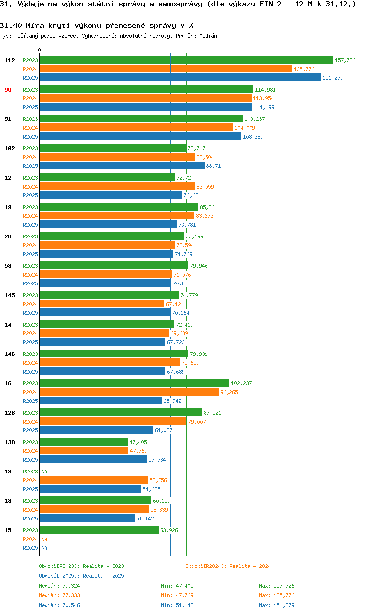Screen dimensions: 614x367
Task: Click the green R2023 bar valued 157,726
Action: pyautogui.click(x=186, y=60)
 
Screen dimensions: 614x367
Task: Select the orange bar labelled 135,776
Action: pyautogui.click(x=165, y=69)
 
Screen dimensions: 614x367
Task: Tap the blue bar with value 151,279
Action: pyautogui.click(x=180, y=78)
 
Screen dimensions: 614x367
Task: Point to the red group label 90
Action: pyautogui.click(x=8, y=90)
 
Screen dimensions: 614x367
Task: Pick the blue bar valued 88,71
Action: pyautogui.click(x=122, y=166)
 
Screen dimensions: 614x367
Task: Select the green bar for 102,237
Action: pyautogui.click(x=134, y=383)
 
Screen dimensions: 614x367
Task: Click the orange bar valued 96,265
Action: pyautogui.click(x=129, y=392)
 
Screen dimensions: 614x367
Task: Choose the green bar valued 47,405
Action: pyautogui.click(x=83, y=442)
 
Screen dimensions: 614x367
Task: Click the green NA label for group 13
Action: pyautogui.click(x=44, y=472)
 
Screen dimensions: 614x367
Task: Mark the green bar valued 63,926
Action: pyautogui.click(x=99, y=530)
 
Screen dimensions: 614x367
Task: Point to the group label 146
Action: pyautogui.click(x=10, y=354)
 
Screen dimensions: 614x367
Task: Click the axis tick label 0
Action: pyautogui.click(x=40, y=50)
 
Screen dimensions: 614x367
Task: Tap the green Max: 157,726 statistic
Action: pyautogui.click(x=276, y=586)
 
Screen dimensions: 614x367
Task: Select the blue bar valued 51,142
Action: pyautogui.click(x=87, y=519)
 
